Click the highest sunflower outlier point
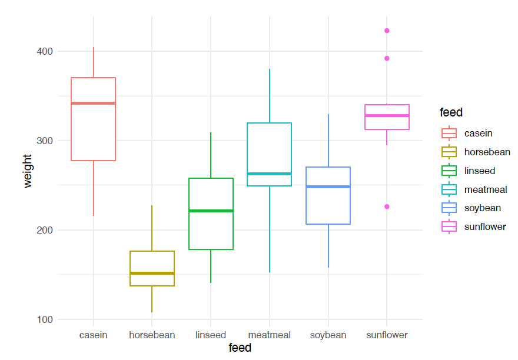(x=387, y=31)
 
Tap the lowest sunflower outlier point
(x=387, y=206)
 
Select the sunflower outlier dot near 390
(x=387, y=58)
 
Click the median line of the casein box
(x=93, y=104)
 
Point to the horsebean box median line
(x=152, y=273)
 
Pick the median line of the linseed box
(x=211, y=211)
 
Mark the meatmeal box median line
(x=270, y=174)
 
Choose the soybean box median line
(x=328, y=186)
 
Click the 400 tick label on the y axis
(x=45, y=52)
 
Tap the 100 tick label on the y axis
(x=45, y=319)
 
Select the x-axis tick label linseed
(x=211, y=335)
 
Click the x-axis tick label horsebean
(x=152, y=335)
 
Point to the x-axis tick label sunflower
(x=387, y=335)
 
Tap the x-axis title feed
(x=240, y=348)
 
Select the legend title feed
(x=451, y=112)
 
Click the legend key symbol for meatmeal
(x=449, y=189)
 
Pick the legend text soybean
(x=483, y=208)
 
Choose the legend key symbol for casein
(x=449, y=134)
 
